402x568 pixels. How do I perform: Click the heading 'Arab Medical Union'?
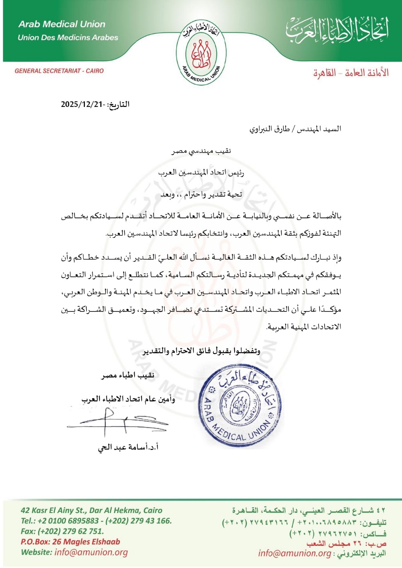(x=62, y=24)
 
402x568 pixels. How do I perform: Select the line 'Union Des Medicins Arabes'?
(x=68, y=37)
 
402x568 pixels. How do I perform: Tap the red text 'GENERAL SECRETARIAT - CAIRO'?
(x=56, y=70)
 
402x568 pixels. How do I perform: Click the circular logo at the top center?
(x=201, y=48)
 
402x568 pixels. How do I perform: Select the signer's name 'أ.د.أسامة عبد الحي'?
(x=128, y=447)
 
